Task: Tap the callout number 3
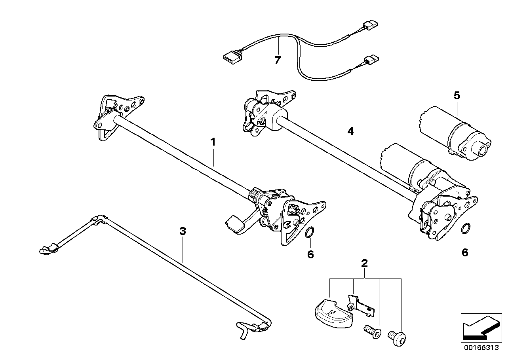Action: [x=182, y=231]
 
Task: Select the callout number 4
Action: [x=350, y=132]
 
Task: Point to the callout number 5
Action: [x=457, y=96]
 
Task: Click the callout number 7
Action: [x=278, y=61]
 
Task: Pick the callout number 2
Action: [x=365, y=263]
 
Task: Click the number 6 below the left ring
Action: [x=310, y=254]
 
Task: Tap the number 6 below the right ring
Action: [x=465, y=252]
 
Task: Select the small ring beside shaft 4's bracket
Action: [x=466, y=228]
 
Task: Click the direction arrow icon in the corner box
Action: [x=480, y=327]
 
